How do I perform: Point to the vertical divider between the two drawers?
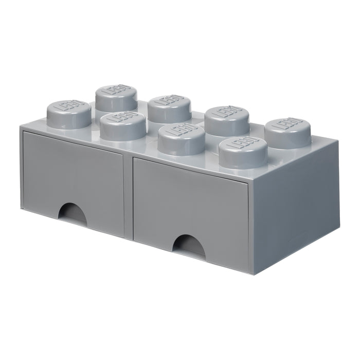point(128,195)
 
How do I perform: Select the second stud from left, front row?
point(123,127)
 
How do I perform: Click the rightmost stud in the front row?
point(243,152)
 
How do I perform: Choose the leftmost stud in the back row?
point(116,98)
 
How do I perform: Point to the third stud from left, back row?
point(227,121)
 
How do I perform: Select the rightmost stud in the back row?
point(287,133)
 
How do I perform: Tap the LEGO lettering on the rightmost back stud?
point(288,124)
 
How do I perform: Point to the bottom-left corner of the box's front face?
point(22,208)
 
